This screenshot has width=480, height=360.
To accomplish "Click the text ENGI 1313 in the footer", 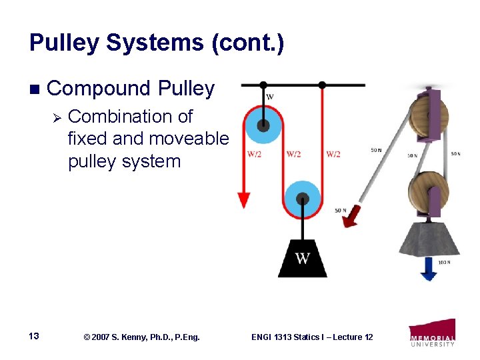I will click(271, 337).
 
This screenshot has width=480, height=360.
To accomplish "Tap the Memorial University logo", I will click(433, 332).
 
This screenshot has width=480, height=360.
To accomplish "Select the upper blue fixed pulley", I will click(263, 124).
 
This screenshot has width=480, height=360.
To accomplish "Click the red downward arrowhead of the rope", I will click(244, 199).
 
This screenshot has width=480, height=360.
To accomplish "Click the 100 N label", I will click(445, 263).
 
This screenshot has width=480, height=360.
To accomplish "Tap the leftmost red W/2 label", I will click(254, 155).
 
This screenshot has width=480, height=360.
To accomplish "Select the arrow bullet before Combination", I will click(57, 118).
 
